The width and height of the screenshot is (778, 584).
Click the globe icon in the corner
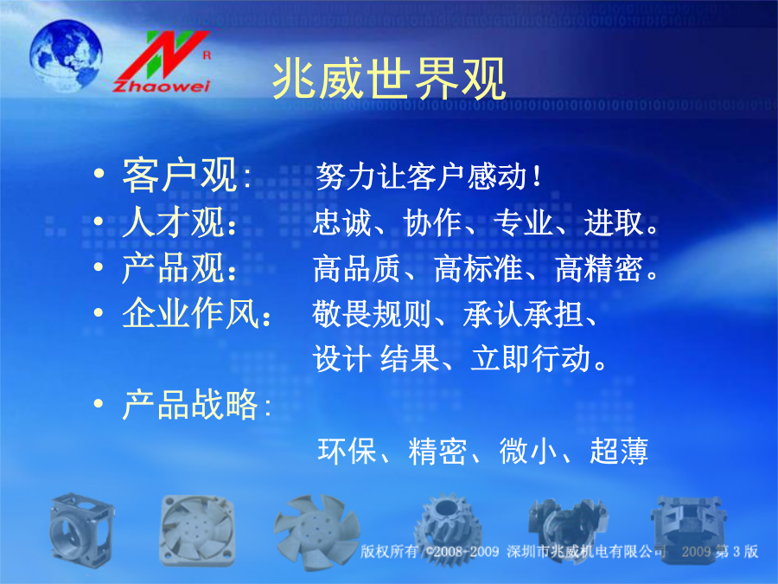point(66,55)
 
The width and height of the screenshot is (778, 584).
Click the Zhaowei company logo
point(163,61)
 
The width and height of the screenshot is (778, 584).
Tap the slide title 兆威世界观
point(389,79)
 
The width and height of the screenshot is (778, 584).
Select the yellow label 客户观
point(180,175)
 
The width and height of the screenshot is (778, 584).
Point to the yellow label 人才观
point(173,222)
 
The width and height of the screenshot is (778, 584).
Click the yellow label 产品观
point(173,267)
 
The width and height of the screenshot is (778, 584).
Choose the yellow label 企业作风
point(190,313)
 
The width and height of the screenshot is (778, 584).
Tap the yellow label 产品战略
point(190,404)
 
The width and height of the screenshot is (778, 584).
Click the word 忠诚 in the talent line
point(341,222)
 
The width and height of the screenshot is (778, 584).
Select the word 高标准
point(478,268)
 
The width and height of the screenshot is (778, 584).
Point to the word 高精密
point(599,268)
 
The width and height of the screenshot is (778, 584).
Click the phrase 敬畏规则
point(371,314)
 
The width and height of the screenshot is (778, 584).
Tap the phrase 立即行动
point(530,358)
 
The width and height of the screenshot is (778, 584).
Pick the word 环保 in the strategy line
point(347,451)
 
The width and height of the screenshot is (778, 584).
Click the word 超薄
point(619,451)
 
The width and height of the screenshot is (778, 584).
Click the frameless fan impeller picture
point(316,531)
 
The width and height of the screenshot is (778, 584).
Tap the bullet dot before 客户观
point(99,173)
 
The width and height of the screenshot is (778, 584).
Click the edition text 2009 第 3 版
point(720,551)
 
